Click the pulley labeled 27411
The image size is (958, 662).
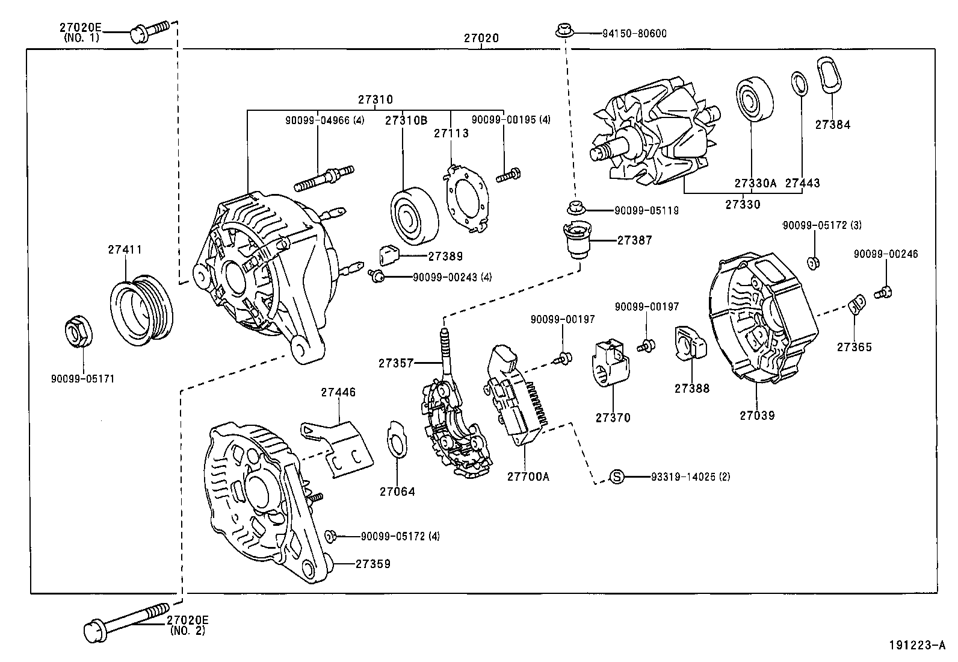pyautogui.click(x=143, y=311)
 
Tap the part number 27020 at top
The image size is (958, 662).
pyautogui.click(x=481, y=38)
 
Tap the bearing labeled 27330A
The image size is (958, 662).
pyautogui.click(x=753, y=99)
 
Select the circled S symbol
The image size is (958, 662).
pyautogui.click(x=617, y=476)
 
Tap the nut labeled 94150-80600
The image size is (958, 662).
pyautogui.click(x=564, y=30)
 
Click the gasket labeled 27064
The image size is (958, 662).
pyautogui.click(x=395, y=446)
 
